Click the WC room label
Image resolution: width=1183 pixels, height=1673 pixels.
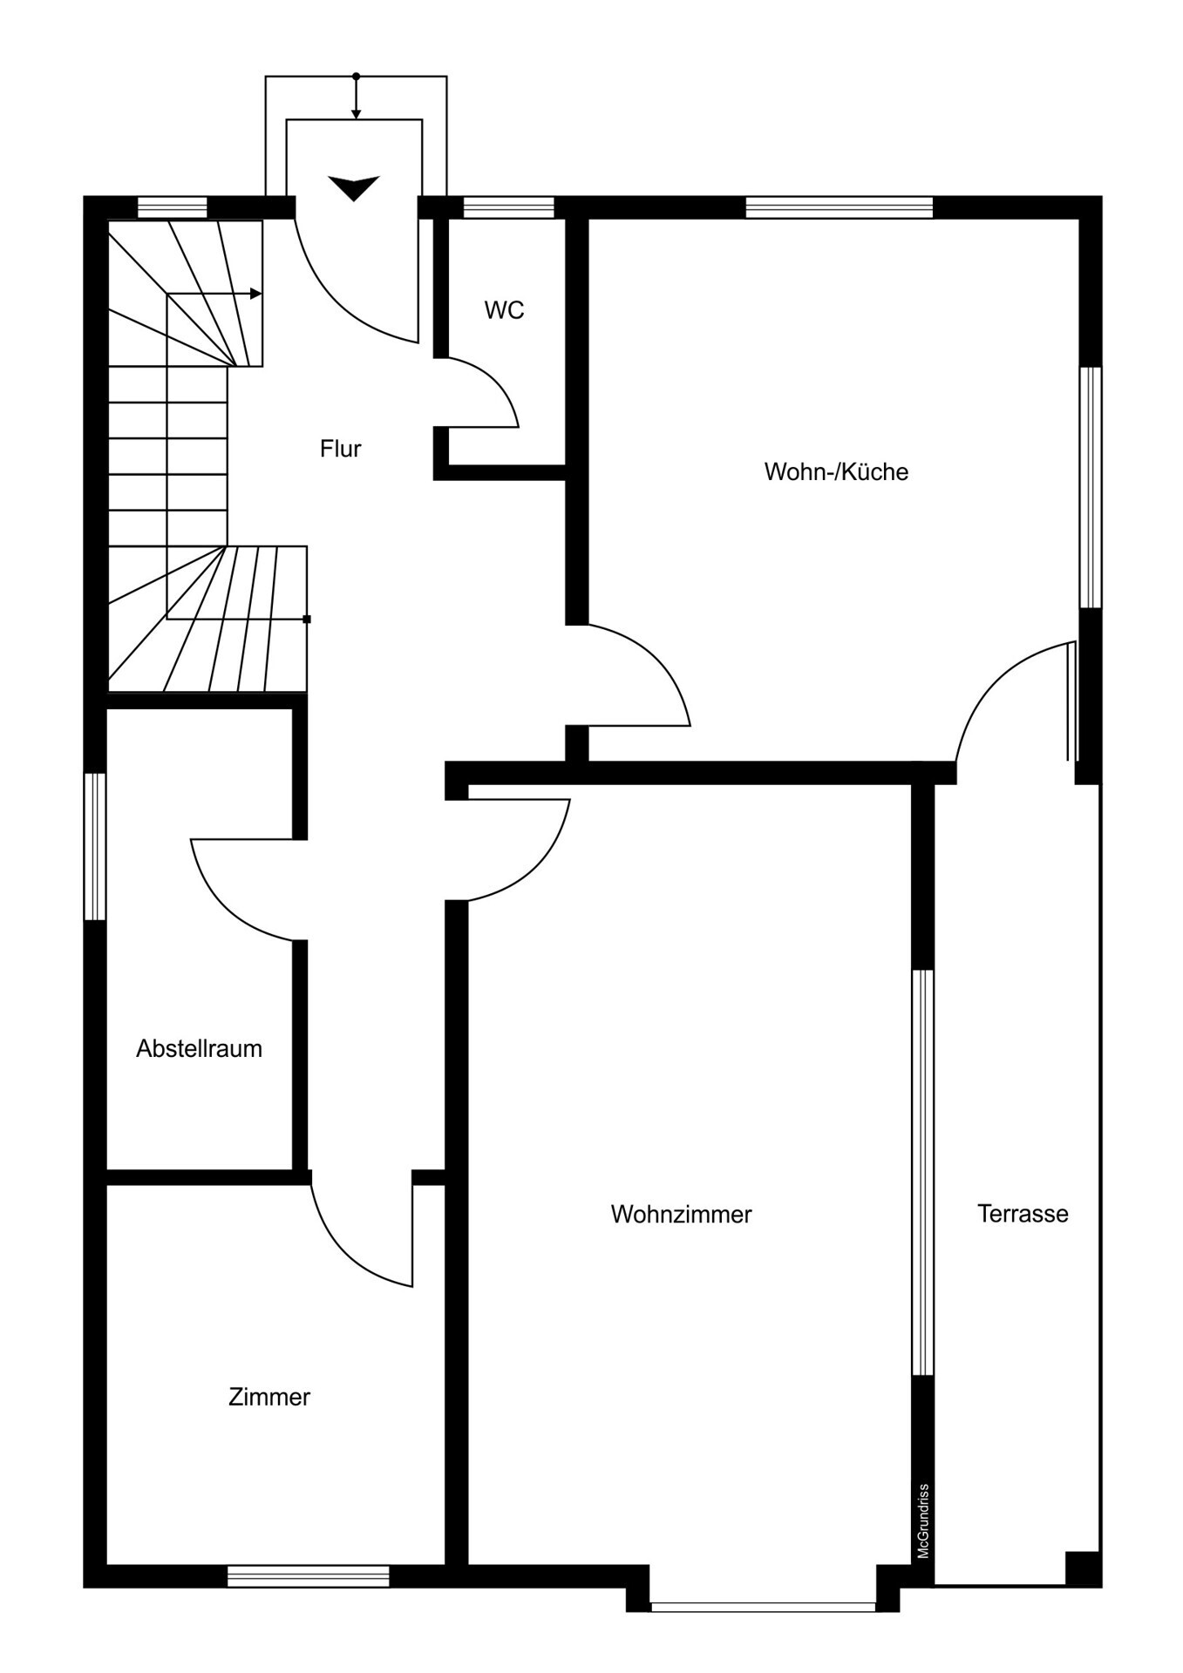pyautogui.click(x=504, y=310)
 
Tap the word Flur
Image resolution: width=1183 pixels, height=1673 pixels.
pyautogui.click(x=340, y=449)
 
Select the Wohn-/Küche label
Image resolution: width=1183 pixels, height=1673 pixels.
pyautogui.click(x=836, y=471)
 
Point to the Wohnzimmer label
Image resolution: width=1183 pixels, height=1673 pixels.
pyautogui.click(x=681, y=1214)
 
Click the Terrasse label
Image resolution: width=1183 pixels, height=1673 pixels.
pyautogui.click(x=1023, y=1213)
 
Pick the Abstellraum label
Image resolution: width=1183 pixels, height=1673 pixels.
pyautogui.click(x=199, y=1048)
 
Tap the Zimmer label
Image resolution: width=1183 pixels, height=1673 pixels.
pyautogui.click(x=269, y=1397)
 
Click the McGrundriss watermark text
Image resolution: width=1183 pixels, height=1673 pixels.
pyautogui.click(x=923, y=1521)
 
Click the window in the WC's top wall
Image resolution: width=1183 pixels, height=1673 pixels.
pyautogui.click(x=508, y=207)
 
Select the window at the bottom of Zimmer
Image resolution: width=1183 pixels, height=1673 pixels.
pyautogui.click(x=308, y=1575)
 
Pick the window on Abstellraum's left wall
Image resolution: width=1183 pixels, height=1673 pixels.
pyautogui.click(x=95, y=846)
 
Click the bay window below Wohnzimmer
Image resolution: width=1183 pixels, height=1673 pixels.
pyautogui.click(x=763, y=1606)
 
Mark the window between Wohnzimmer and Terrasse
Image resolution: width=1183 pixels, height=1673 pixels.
pyautogui.click(x=922, y=1172)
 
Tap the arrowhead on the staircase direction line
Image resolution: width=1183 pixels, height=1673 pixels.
pyautogui.click(x=256, y=294)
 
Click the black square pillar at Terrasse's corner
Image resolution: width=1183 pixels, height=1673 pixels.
pyautogui.click(x=1083, y=1568)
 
